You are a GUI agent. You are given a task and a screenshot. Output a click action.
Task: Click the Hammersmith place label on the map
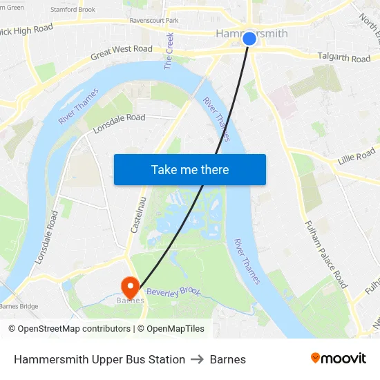tap(251, 32)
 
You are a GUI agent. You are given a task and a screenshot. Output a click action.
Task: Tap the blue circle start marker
tap(249, 39)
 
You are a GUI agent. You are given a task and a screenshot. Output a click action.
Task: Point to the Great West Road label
tap(121, 50)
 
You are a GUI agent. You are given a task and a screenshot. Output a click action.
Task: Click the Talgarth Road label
tap(343, 58)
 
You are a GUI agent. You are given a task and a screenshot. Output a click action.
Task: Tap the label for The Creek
tap(169, 51)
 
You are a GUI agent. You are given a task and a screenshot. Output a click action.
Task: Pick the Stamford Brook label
tap(73, 10)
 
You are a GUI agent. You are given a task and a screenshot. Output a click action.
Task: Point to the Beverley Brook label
tap(173, 292)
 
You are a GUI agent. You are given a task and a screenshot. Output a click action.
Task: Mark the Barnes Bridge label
tap(19, 306)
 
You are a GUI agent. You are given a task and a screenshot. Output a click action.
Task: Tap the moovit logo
tap(338, 358)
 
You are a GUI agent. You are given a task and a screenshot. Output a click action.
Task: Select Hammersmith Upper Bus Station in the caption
tap(99, 359)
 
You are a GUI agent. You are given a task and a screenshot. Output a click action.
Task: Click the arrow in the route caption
tap(198, 359)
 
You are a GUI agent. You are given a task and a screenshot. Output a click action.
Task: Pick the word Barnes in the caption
tap(228, 359)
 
